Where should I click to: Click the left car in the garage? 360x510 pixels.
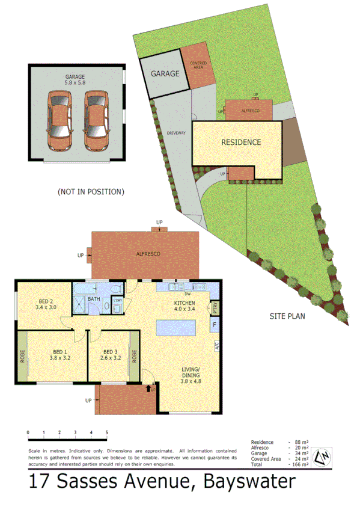(60, 121)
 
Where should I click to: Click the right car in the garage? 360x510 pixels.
(97, 121)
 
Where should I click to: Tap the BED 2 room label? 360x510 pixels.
(46, 304)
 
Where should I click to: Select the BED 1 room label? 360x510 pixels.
(59, 355)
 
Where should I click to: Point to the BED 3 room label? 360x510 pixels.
(109, 355)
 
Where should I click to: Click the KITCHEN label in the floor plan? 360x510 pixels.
(185, 306)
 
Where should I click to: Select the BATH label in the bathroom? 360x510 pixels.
(94, 298)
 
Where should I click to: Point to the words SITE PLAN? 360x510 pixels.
(284, 316)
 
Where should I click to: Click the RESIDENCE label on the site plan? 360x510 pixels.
(241, 143)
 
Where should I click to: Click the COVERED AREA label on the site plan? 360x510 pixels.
(198, 65)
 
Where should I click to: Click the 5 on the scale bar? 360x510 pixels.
(107, 432)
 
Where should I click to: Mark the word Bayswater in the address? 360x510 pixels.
(249, 482)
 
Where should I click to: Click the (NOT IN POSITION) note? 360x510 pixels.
(91, 192)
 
